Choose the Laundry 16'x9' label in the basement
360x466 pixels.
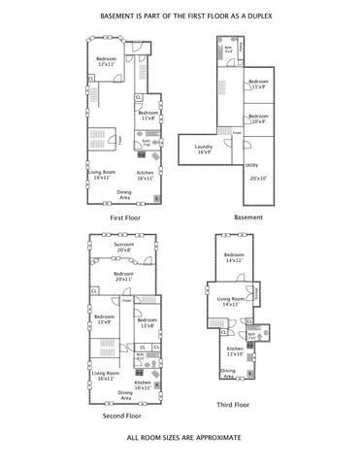[x=203, y=150]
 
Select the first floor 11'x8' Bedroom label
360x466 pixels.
[x=148, y=115]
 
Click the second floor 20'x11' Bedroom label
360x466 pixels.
[x=123, y=276]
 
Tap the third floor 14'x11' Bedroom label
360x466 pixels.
[x=235, y=257]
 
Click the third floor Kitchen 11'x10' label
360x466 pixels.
[x=236, y=350]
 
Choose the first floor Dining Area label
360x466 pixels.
[x=124, y=193]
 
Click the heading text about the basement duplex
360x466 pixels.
[x=180, y=17]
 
